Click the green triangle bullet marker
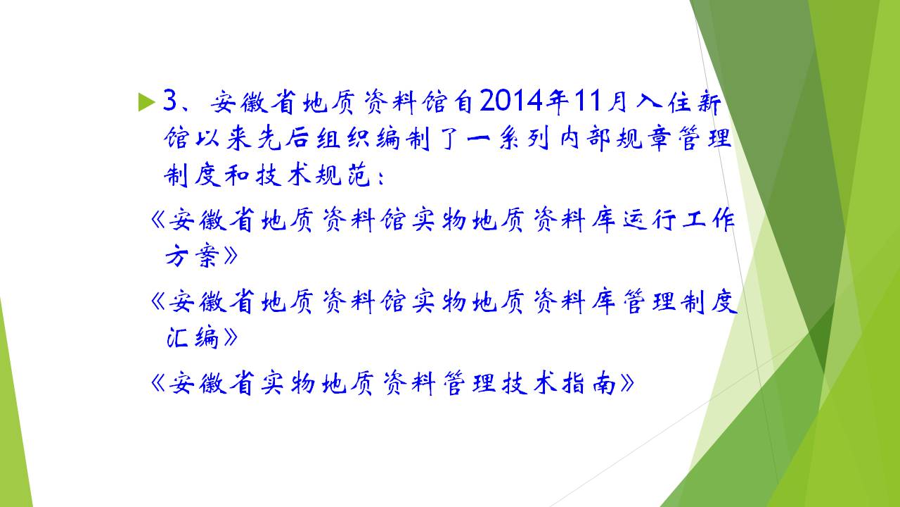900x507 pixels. click(x=146, y=102)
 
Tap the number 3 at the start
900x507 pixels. click(x=170, y=100)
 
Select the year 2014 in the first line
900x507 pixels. click(x=511, y=101)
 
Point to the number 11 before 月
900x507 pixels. click(x=587, y=101)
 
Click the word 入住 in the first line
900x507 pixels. click(x=664, y=101)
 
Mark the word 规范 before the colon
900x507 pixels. click(x=342, y=176)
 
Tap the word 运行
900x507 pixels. click(x=649, y=220)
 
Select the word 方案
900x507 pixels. click(x=192, y=256)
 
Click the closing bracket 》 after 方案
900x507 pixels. click(x=231, y=256)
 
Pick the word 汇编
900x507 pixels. click(x=192, y=337)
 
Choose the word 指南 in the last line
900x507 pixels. click(x=589, y=383)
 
